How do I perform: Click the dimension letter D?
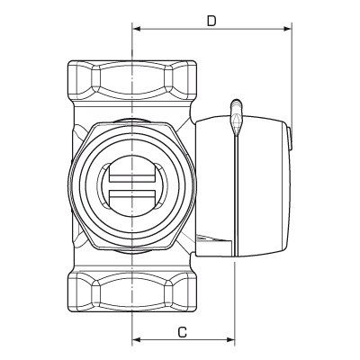click(211, 19)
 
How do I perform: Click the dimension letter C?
click(183, 332)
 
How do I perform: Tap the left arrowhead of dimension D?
click(138, 29)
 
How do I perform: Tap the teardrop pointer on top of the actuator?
click(236, 114)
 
